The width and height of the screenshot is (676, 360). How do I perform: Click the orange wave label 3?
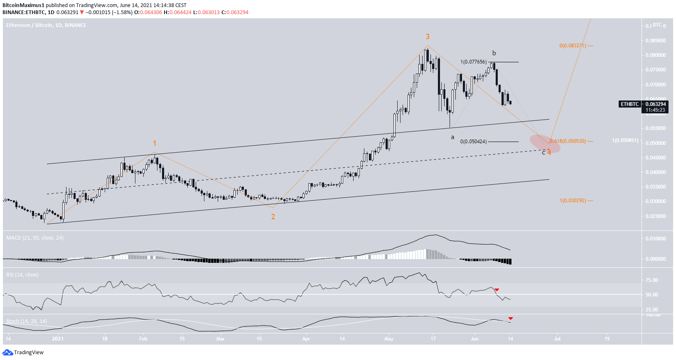(x=428, y=37)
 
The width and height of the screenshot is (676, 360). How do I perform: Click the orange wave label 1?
(x=155, y=144)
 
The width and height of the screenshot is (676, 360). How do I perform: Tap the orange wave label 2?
(x=273, y=217)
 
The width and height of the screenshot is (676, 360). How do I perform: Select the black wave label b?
(x=494, y=53)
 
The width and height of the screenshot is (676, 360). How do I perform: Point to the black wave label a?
(x=452, y=137)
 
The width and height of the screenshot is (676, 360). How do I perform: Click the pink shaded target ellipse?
(x=545, y=143)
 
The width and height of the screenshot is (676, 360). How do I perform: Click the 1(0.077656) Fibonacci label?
(x=473, y=62)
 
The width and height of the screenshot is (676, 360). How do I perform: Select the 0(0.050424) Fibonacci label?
(x=473, y=142)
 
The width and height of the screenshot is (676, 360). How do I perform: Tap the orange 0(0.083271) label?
(x=573, y=46)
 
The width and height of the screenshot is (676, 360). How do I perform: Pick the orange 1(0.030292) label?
(x=573, y=201)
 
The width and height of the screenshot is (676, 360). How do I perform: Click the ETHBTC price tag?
(x=630, y=104)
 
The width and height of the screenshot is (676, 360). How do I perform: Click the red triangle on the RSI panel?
(x=497, y=290)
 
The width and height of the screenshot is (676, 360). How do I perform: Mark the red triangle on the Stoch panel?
(x=511, y=318)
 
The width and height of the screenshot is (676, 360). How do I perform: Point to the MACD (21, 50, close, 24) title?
(x=35, y=238)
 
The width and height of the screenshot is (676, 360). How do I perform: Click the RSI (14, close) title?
(x=22, y=274)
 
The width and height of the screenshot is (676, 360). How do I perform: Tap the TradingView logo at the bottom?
(x=23, y=353)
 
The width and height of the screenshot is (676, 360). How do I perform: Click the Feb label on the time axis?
(x=143, y=339)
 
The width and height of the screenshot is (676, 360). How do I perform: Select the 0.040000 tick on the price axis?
(x=656, y=172)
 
